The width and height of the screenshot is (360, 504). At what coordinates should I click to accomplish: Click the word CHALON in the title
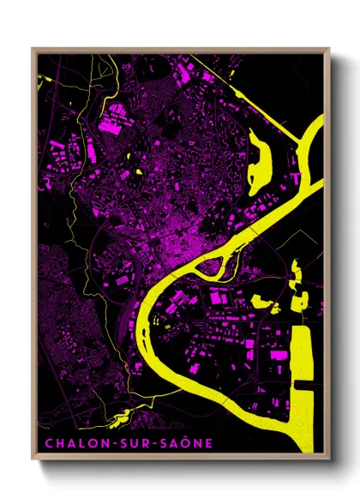(63, 443)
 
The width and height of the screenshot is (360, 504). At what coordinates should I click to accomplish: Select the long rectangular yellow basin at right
(304, 377)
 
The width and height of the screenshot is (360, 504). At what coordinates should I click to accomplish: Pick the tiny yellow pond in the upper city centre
(137, 171)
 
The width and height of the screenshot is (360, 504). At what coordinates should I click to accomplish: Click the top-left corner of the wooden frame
(33, 50)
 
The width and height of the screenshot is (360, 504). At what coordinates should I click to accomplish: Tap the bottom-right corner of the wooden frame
(328, 461)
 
